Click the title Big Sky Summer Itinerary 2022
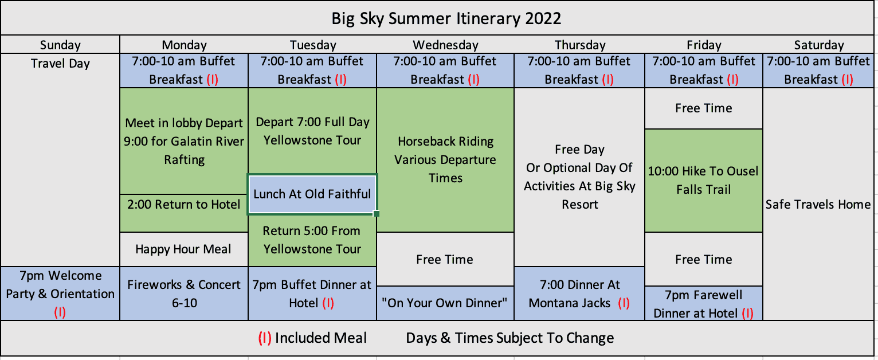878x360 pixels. coord(446,18)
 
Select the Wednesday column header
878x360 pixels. coord(445,45)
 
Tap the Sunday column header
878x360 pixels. coord(60,45)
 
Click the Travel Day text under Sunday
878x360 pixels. coord(60,63)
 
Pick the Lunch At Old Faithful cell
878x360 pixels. coord(312,194)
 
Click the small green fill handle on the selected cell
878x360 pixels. coord(377,214)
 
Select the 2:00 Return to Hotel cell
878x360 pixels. coord(184,213)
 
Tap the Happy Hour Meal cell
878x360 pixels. coord(184,249)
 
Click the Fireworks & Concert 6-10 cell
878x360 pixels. coord(184,294)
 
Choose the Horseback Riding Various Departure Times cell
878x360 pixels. coord(445,160)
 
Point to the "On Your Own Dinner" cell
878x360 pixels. coord(445,303)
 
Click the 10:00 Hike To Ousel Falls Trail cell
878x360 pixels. coord(704,181)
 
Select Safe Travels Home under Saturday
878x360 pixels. coord(818,204)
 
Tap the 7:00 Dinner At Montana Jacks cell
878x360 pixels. coord(579,294)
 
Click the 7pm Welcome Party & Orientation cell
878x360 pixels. coord(60,294)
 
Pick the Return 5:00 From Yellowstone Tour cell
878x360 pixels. coord(312,240)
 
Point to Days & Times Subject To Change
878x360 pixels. coord(510,338)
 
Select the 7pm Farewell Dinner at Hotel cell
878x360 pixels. coord(704,303)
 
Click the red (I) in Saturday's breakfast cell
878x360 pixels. coord(847,80)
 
